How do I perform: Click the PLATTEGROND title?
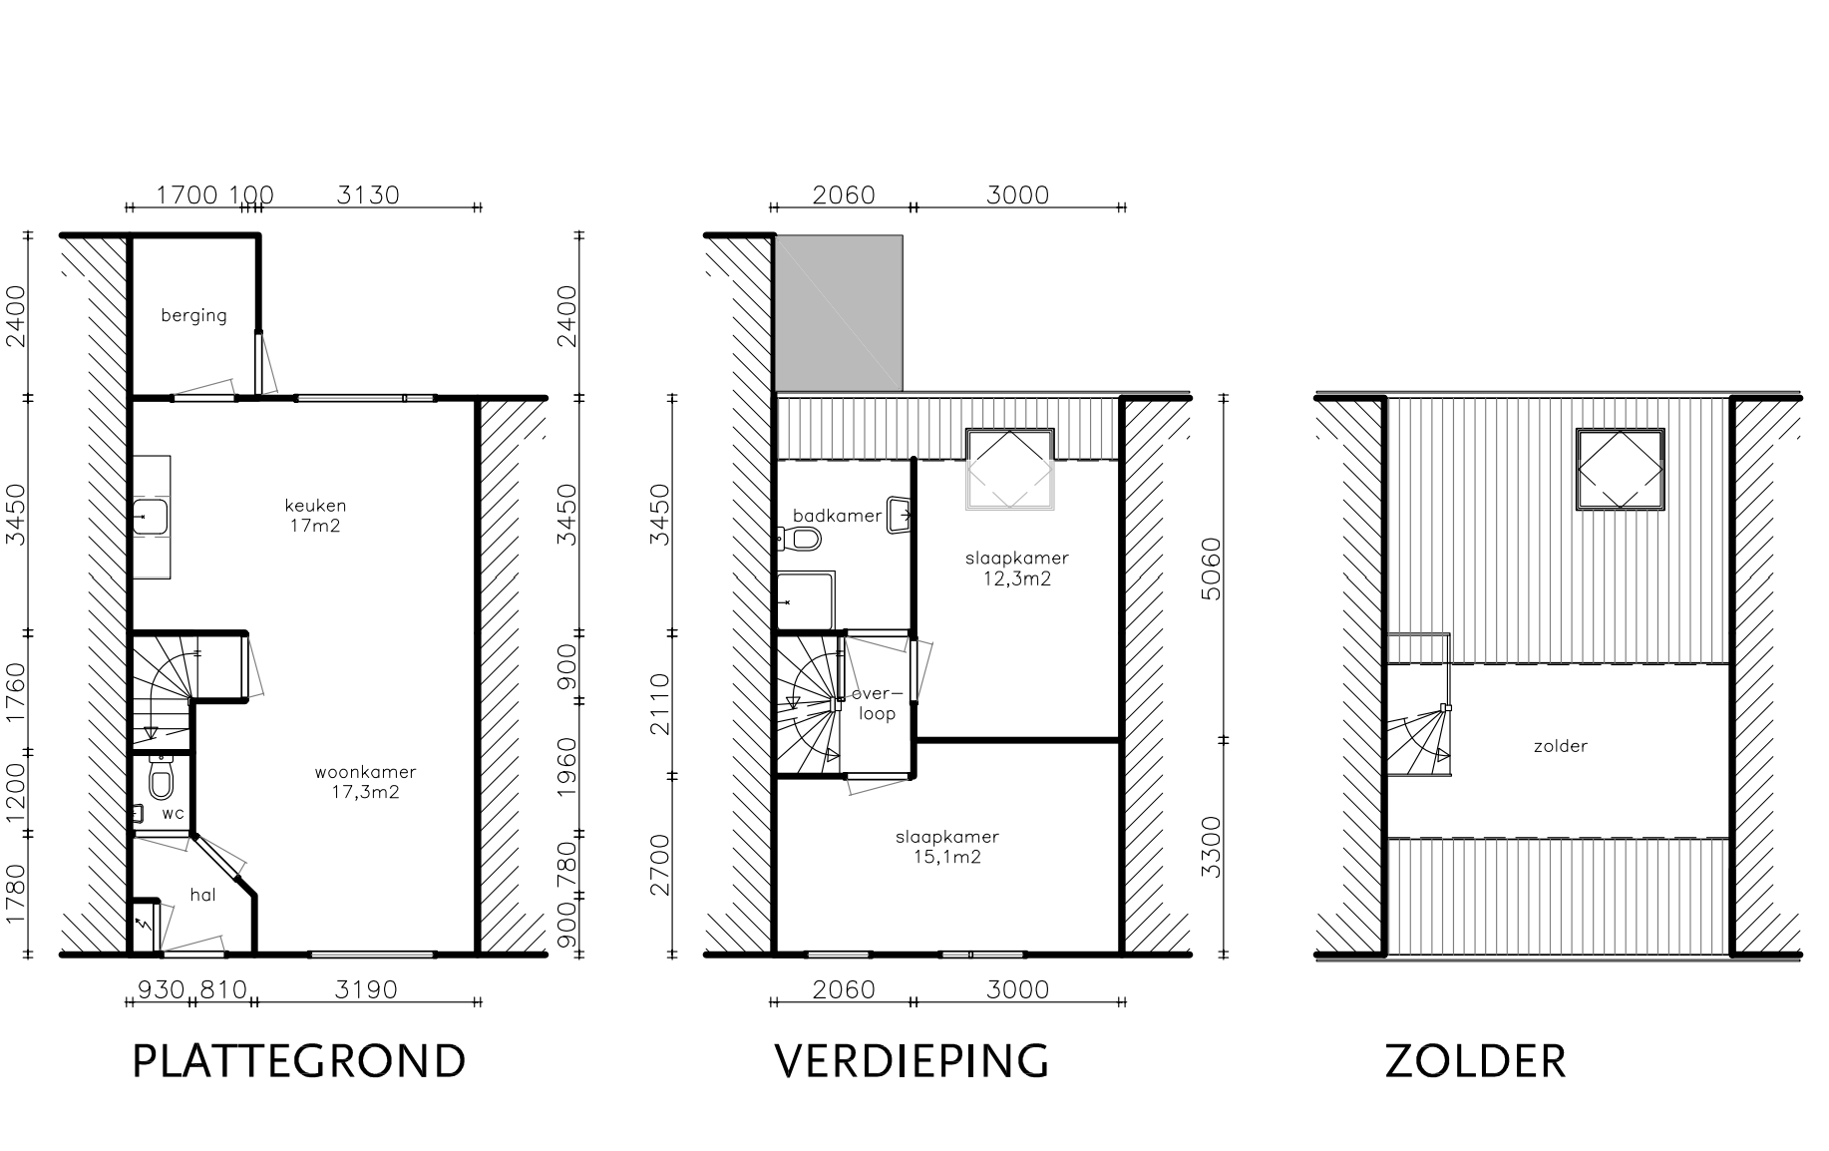click(x=299, y=1061)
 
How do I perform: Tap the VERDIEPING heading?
click(x=912, y=1061)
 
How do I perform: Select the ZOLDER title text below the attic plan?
click(x=1475, y=1061)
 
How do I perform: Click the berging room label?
click(x=193, y=316)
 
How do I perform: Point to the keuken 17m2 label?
click(x=315, y=516)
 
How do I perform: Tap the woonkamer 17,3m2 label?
click(x=365, y=782)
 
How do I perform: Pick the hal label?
click(x=202, y=896)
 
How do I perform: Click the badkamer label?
click(x=837, y=516)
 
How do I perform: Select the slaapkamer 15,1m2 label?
click(x=946, y=847)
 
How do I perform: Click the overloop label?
click(x=877, y=704)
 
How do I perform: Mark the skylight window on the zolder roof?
click(x=1620, y=470)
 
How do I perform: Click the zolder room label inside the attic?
click(x=1560, y=746)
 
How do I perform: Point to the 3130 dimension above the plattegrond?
click(x=367, y=194)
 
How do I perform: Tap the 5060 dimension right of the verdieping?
click(x=1211, y=569)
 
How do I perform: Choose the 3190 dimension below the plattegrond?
click(x=366, y=989)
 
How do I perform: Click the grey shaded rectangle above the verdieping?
click(x=839, y=313)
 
